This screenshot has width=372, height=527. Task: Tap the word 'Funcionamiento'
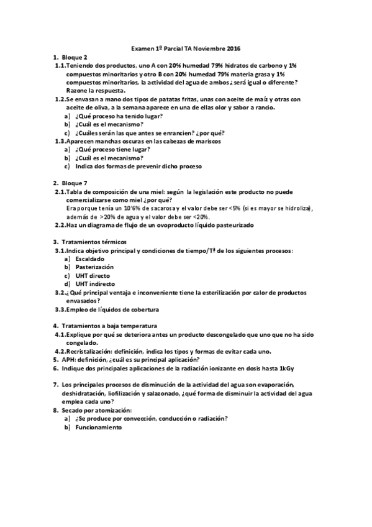tap(99, 428)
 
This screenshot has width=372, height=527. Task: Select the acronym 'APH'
tap(69, 359)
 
